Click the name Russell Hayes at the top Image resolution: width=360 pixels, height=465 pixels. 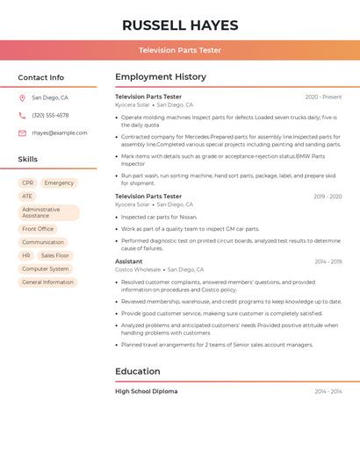tap(180, 25)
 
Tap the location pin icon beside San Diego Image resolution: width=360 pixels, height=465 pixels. tap(22, 98)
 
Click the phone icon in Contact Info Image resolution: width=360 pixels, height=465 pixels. tap(22, 116)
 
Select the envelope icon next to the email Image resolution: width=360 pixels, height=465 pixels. tap(22, 133)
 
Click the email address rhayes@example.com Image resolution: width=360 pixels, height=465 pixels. tap(59, 133)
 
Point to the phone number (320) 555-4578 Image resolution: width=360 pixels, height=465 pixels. tap(50, 116)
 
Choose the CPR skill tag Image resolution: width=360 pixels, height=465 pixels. tap(27, 183)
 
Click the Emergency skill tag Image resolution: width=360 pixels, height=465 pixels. tap(59, 183)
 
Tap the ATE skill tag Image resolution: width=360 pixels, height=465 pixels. tap(27, 197)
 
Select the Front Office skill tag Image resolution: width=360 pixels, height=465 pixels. tap(38, 229)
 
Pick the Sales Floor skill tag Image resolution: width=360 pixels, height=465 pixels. tap(55, 255)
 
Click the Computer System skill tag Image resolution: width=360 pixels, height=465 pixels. tap(45, 269)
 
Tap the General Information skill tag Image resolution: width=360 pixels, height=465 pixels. tap(47, 283)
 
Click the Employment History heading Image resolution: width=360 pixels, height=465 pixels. tap(161, 77)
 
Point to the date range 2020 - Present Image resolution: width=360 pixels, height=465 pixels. tap(323, 97)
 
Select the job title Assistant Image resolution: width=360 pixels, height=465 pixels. tap(128, 261)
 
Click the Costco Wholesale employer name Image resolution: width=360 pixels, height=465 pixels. tap(138, 270)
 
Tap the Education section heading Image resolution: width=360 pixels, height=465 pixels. tap(138, 371)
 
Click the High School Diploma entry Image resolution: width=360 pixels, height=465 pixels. tap(146, 391)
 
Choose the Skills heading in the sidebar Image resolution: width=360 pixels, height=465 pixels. tap(28, 160)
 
